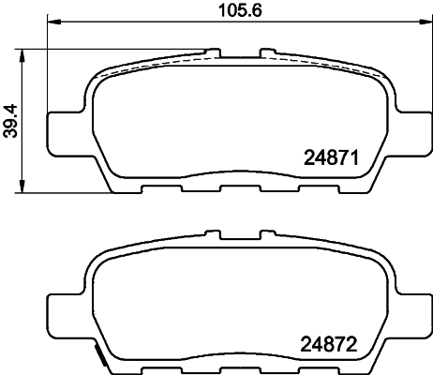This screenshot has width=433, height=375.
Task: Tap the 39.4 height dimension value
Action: [10, 120]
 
